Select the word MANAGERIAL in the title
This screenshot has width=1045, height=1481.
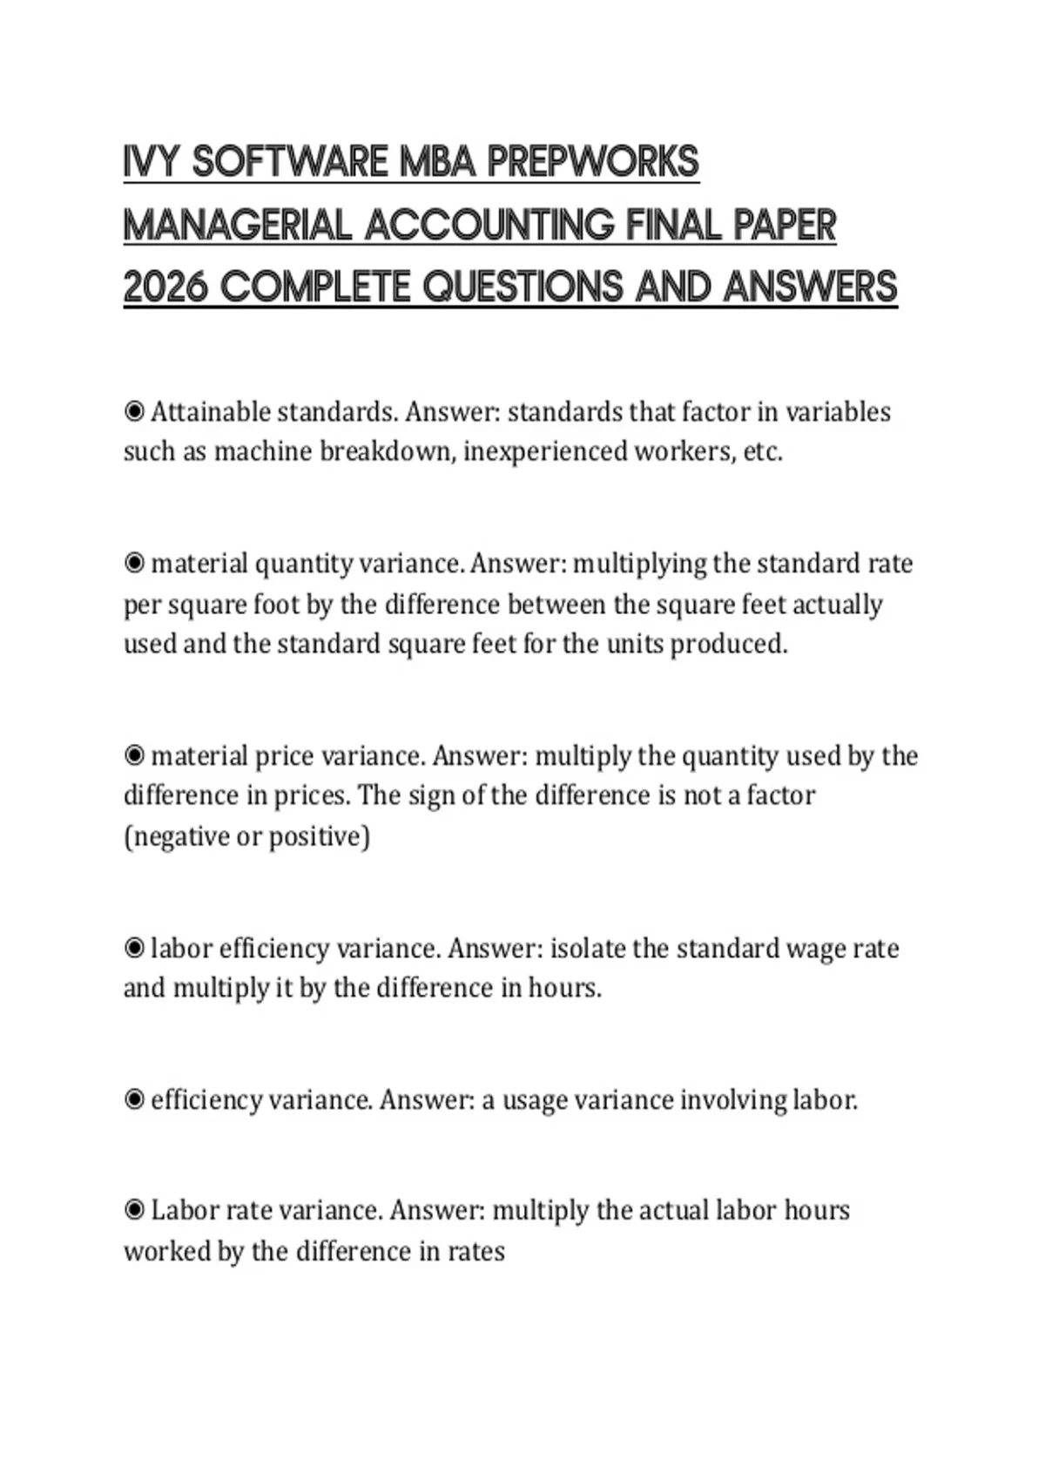coord(238,226)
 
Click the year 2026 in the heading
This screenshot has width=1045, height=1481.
coord(165,287)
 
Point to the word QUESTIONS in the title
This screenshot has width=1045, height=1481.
coord(523,287)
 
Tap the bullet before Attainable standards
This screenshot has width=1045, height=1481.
coord(134,411)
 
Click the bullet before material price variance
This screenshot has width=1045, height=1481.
coord(134,755)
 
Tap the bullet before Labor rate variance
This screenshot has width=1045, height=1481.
coord(134,1210)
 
